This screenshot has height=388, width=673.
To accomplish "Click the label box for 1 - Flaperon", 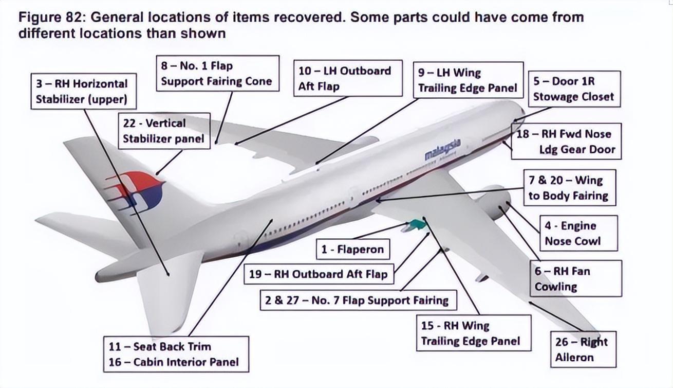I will click(352, 250).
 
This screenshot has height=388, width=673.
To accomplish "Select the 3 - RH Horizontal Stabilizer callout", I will click(82, 91).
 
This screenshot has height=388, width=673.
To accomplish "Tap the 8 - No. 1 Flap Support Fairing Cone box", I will click(216, 74).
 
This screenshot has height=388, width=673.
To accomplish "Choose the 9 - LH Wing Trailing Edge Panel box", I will click(468, 80).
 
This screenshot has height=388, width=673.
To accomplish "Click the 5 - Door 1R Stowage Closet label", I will click(573, 89).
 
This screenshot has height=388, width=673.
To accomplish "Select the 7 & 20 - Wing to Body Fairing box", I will click(568, 188).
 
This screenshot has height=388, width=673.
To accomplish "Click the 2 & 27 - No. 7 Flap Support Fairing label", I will click(357, 300).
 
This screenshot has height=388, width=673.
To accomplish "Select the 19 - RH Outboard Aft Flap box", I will click(318, 274).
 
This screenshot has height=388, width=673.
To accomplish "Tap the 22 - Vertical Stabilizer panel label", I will click(164, 131).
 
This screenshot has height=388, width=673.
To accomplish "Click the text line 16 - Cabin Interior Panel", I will click(174, 362).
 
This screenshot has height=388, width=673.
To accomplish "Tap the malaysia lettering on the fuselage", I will click(442, 149).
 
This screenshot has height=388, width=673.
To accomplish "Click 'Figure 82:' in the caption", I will click(52, 17).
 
